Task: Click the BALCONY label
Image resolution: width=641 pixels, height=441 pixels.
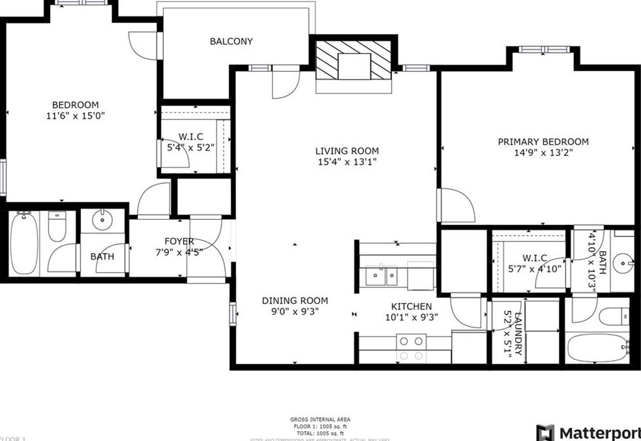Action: tap(231, 41)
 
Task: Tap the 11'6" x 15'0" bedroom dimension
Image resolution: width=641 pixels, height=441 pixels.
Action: tap(75, 115)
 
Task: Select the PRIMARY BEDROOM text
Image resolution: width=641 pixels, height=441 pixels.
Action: tap(543, 142)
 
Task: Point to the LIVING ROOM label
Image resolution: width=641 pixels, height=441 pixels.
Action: tap(346, 151)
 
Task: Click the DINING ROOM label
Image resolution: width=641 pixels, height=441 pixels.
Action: tap(295, 301)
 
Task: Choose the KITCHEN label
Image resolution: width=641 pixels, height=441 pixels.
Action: tap(411, 307)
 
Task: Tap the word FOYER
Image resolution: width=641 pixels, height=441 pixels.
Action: tap(179, 241)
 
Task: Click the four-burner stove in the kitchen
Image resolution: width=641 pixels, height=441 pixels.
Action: tap(411, 347)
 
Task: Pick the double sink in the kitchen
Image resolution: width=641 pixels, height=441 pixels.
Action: tap(381, 276)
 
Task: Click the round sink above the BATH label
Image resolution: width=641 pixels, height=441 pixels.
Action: tap(102, 220)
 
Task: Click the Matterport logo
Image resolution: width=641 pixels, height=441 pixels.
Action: tap(587, 433)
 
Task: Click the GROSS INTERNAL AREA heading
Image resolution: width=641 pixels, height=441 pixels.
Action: tap(320, 419)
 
